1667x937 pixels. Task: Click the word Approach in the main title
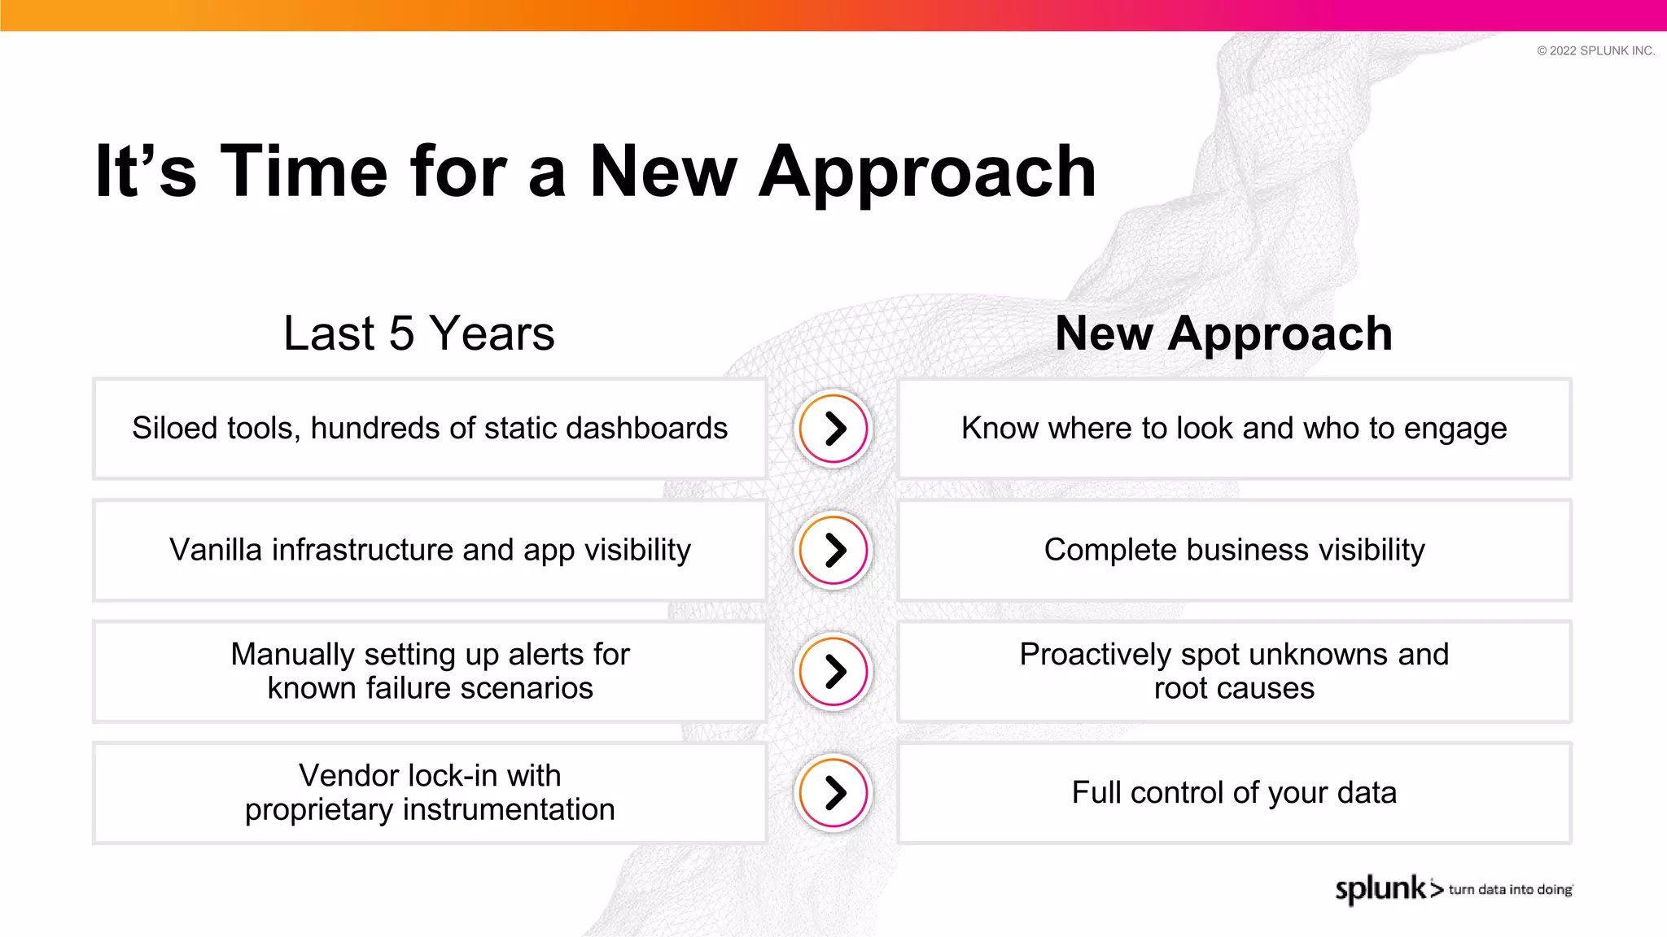click(927, 172)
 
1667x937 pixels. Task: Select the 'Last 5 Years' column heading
click(418, 333)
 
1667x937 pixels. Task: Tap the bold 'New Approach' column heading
click(1223, 333)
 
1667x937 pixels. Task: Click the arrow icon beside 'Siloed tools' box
click(833, 429)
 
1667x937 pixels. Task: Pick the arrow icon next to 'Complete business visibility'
click(833, 550)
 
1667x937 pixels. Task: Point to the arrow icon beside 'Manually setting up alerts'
click(833, 671)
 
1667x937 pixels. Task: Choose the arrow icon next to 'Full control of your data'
click(833, 792)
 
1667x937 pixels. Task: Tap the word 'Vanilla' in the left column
click(216, 550)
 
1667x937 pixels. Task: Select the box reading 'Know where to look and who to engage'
click(1234, 429)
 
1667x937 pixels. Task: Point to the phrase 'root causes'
click(1234, 689)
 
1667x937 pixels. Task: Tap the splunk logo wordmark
click(1381, 888)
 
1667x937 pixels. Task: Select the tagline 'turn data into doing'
click(1510, 890)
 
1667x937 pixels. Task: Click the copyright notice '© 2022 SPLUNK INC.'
click(1595, 50)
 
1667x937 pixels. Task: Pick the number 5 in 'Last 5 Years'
click(401, 333)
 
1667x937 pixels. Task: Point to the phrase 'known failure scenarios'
click(430, 689)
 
